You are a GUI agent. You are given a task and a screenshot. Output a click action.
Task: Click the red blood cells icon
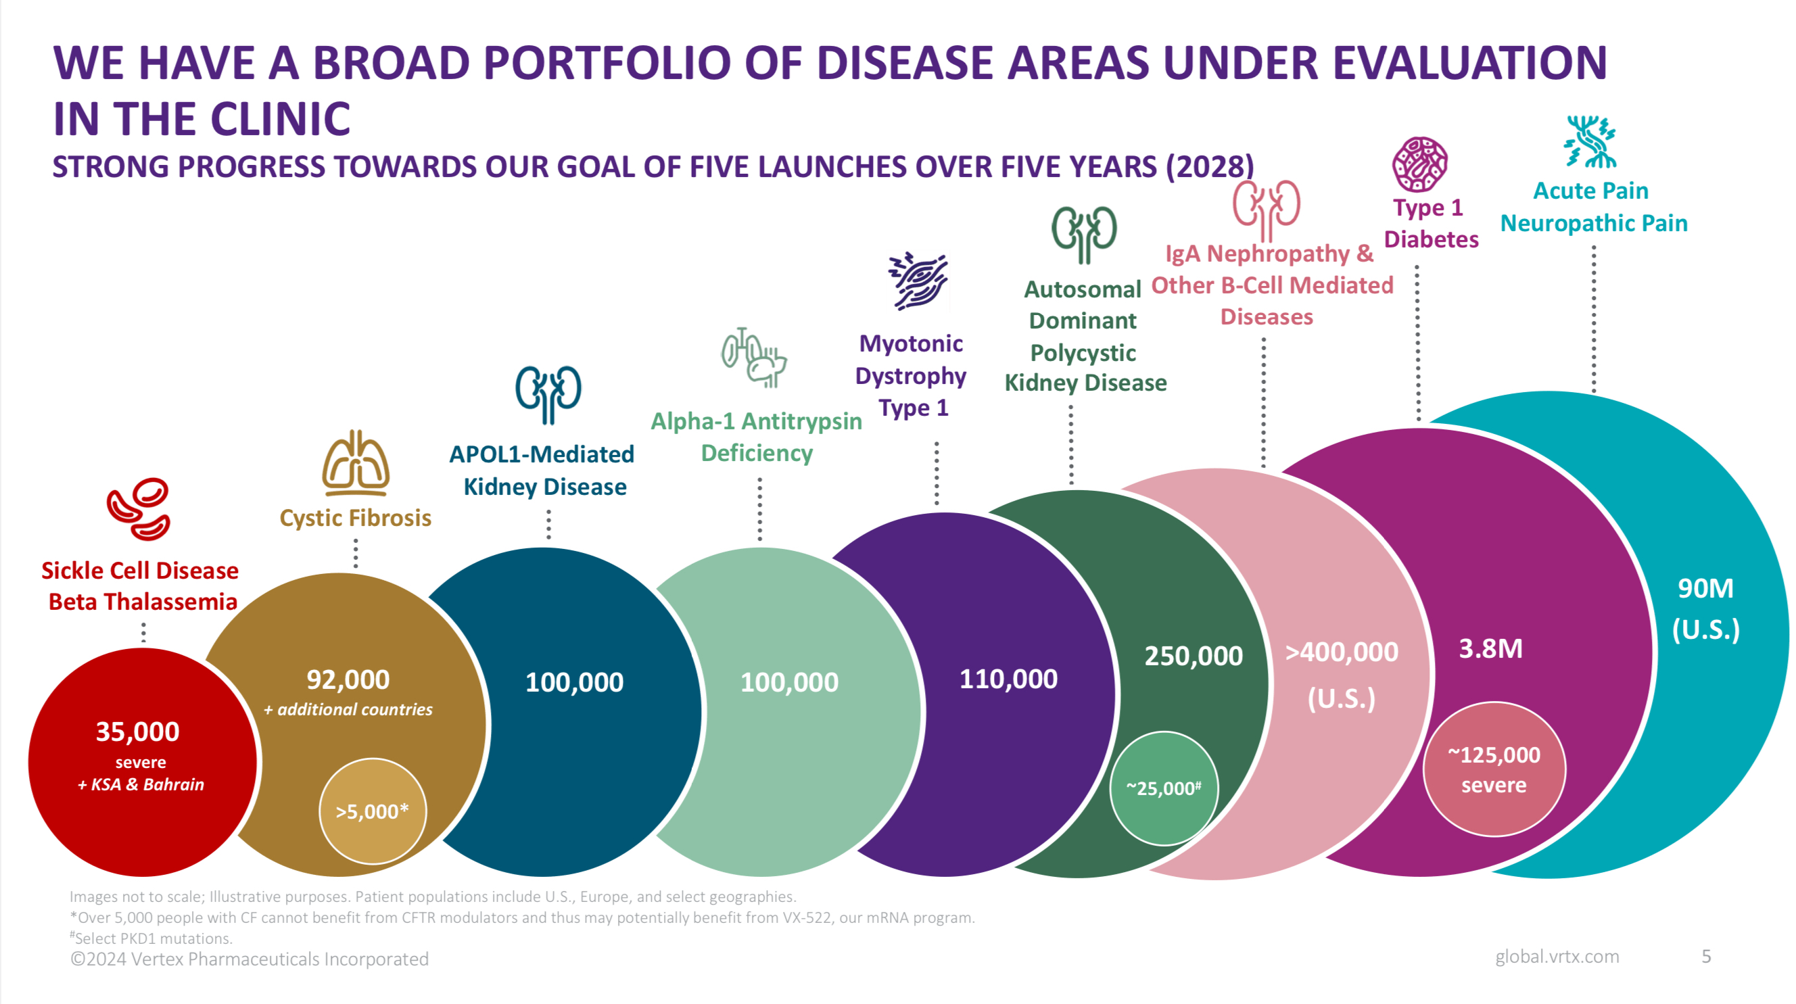coord(138,509)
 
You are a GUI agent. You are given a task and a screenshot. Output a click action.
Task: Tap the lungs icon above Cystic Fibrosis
coord(356,463)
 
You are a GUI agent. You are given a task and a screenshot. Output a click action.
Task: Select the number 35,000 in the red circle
coord(137,732)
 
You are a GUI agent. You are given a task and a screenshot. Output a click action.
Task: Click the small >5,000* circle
coord(373,811)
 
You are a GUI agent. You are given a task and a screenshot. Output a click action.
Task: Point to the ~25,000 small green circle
coord(1164,788)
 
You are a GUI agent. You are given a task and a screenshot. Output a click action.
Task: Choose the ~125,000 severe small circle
coord(1494,769)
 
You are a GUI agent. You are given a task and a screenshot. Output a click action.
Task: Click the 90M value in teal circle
coord(1705,588)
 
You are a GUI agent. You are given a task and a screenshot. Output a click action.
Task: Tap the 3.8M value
coord(1490,648)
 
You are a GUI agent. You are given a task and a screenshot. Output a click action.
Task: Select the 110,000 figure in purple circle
coord(1008,678)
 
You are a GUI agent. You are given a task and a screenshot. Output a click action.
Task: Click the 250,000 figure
coord(1193,655)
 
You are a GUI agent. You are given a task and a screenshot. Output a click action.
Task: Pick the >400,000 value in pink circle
coord(1342,652)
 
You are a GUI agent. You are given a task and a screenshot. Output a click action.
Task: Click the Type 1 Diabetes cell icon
coord(1419,164)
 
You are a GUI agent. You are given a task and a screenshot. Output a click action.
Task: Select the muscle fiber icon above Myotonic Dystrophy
coord(918,281)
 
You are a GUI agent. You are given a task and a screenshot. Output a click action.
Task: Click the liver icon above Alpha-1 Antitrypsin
coord(754,357)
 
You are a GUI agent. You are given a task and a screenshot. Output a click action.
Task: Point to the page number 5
coord(1705,956)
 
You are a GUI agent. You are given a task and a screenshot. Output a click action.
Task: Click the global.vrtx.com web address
coord(1556,956)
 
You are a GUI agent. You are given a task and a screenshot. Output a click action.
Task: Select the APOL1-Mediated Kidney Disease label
coord(543,470)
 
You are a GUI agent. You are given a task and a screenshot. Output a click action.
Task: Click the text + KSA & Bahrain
coord(141,784)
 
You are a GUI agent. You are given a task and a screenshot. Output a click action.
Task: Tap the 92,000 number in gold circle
coord(348,679)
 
